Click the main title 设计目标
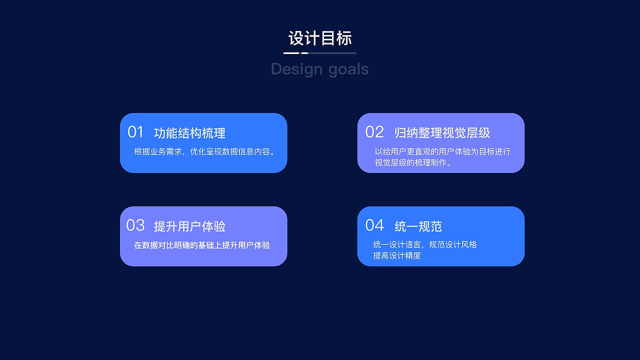click(x=320, y=38)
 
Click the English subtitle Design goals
click(x=320, y=69)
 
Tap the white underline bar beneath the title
click(x=291, y=53)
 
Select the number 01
click(x=135, y=132)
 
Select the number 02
click(x=374, y=132)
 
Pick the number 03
click(x=135, y=225)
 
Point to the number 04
click(x=374, y=225)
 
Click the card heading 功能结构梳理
click(x=189, y=133)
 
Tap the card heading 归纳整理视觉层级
click(x=442, y=133)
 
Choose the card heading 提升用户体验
click(x=189, y=226)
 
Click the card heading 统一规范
click(x=418, y=226)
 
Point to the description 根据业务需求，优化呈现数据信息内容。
click(x=205, y=151)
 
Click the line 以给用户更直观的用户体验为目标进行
click(x=442, y=151)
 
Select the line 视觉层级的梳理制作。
click(x=413, y=162)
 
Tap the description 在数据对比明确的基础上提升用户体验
click(x=202, y=245)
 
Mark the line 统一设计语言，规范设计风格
click(x=425, y=244)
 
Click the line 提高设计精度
click(x=397, y=255)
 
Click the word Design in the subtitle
click(x=295, y=69)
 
